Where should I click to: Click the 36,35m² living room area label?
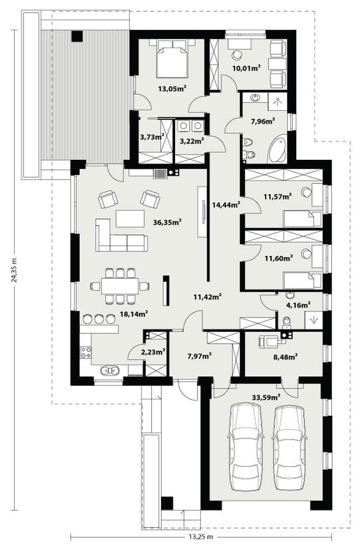[167, 222]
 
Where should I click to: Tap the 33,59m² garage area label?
[266, 398]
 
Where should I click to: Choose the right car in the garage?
[289, 447]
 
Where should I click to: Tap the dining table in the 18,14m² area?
[120, 286]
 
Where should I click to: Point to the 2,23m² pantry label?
[153, 351]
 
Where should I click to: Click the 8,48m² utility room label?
[285, 357]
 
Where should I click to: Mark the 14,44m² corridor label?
[226, 205]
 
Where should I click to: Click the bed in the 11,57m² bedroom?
[303, 219]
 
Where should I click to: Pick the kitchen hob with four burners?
[86, 352]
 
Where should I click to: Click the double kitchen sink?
[110, 370]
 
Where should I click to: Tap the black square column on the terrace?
[77, 37]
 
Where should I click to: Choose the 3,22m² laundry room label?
[192, 141]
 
